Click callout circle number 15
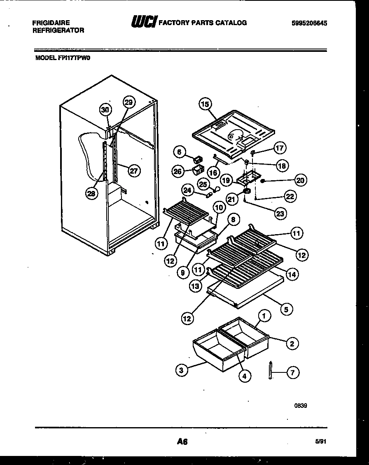click(x=205, y=104)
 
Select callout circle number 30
click(x=105, y=109)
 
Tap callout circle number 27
click(x=133, y=170)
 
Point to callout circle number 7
click(x=292, y=373)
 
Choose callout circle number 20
click(x=301, y=180)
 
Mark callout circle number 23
click(x=280, y=214)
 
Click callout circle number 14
click(x=293, y=274)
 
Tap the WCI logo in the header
click(x=143, y=23)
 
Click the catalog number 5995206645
click(x=309, y=23)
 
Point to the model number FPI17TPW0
click(x=63, y=58)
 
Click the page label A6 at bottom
click(x=182, y=442)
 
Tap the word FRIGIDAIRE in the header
click(x=51, y=23)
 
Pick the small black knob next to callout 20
click(x=263, y=180)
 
